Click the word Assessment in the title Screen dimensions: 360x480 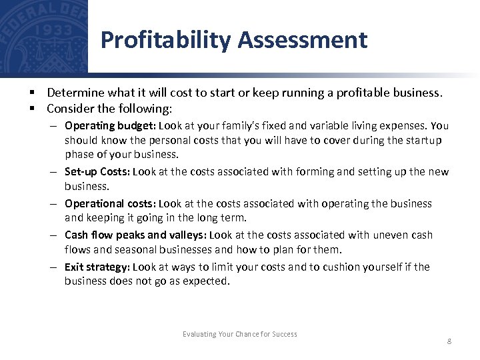pyautogui.click(x=302, y=41)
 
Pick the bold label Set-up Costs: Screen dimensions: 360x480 pyautogui.click(x=97, y=171)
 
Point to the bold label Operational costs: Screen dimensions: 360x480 pyautogui.click(x=111, y=203)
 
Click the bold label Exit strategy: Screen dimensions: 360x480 pyautogui.click(x=97, y=267)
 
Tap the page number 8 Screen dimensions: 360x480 pyautogui.click(x=449, y=341)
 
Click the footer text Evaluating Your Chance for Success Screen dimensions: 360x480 pyautogui.click(x=240, y=334)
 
